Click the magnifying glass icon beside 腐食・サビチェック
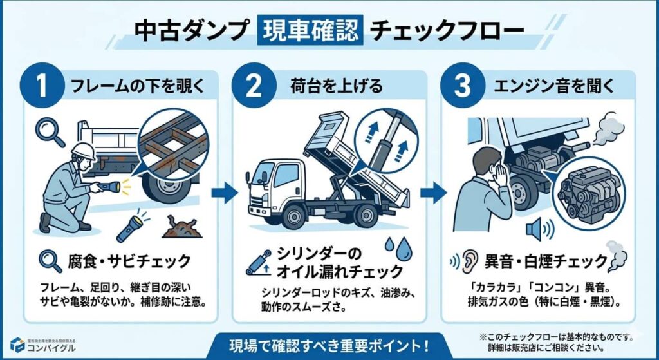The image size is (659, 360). click(x=49, y=261)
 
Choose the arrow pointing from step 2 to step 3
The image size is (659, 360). click(x=432, y=191)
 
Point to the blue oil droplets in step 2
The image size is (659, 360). click(x=394, y=248)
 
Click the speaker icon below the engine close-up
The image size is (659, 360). click(x=536, y=229)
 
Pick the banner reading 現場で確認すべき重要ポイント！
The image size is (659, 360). click(x=329, y=343)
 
